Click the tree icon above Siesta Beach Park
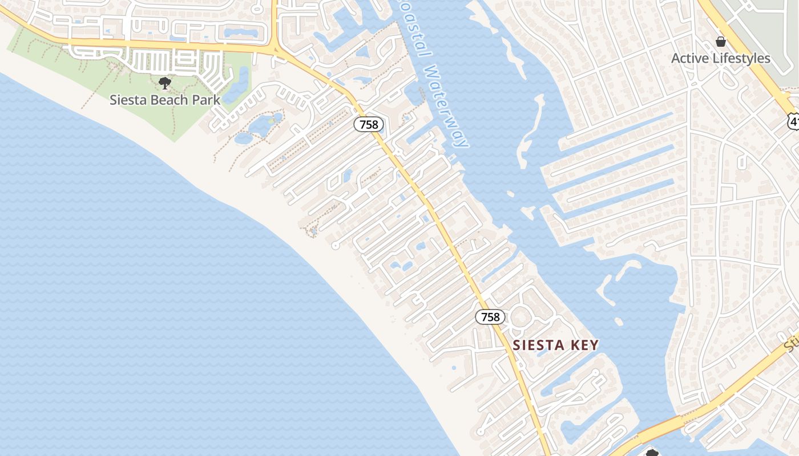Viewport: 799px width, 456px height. coord(165,83)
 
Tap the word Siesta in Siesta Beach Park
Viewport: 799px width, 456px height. coord(128,100)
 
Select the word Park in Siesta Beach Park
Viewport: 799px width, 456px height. coord(206,100)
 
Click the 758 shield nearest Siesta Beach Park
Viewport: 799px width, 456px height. coord(369,124)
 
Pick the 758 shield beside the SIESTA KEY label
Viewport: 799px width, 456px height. coord(490,317)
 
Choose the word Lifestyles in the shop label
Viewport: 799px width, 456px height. coord(742,58)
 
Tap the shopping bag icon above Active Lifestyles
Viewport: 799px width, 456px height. coord(721,41)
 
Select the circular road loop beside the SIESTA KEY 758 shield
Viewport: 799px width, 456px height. coord(520,317)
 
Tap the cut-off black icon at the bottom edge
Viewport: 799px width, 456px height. coord(652,453)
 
